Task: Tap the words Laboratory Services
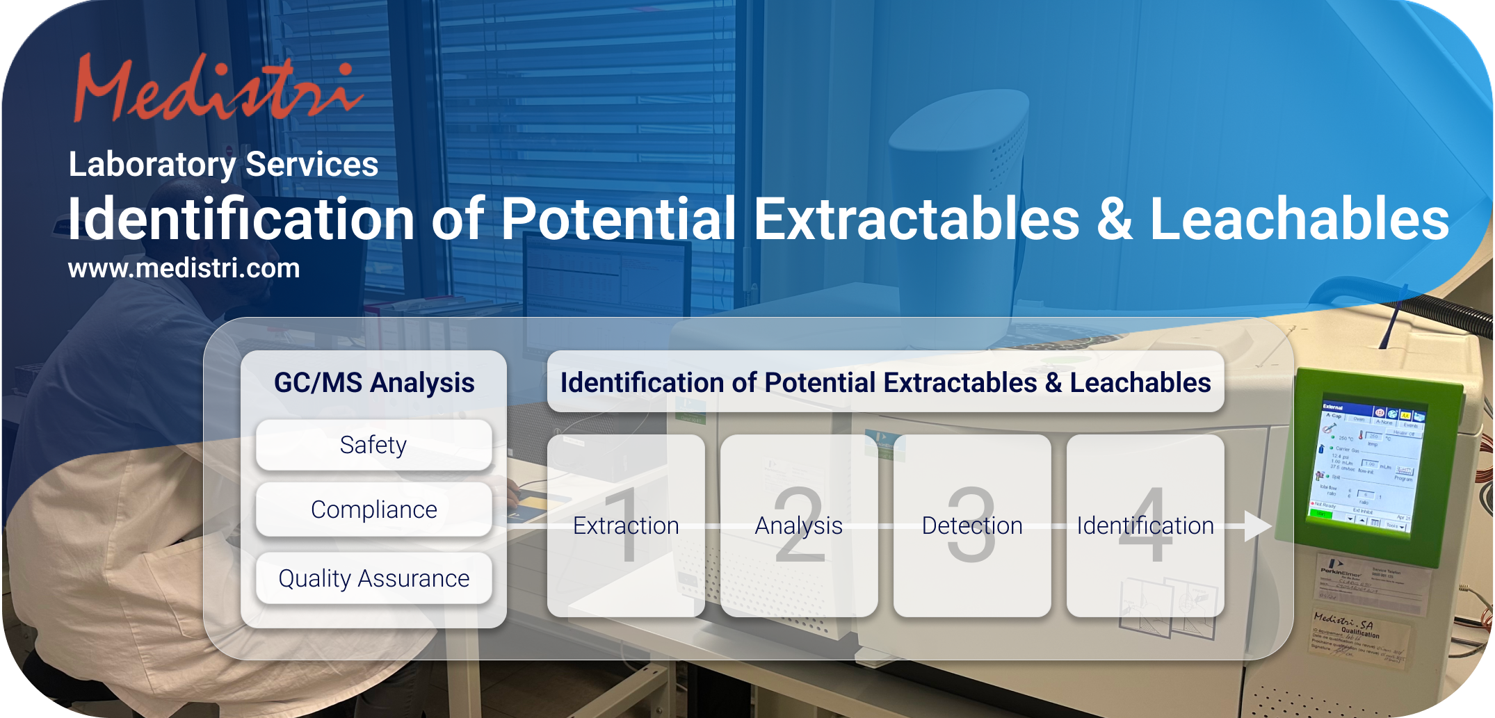[223, 165]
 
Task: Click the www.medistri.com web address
[184, 269]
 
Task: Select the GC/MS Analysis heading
[374, 383]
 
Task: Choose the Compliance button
[374, 509]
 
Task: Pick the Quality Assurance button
[374, 578]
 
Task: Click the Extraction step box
[626, 525]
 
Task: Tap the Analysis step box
[799, 525]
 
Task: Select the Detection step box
[972, 525]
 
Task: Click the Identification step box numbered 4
[1145, 525]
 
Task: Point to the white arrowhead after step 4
[1257, 526]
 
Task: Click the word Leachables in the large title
[1299, 219]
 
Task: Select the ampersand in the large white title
[1115, 219]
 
